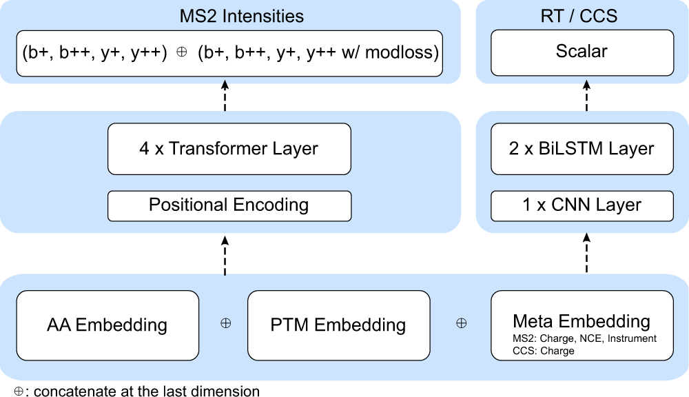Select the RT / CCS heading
point(581,15)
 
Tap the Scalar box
point(582,52)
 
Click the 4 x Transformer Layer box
point(229,148)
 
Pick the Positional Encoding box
point(229,205)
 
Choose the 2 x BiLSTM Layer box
point(582,148)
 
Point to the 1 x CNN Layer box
point(582,205)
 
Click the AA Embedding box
point(107,325)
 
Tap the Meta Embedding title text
point(582,321)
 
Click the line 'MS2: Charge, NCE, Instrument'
point(585,338)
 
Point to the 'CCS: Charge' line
point(544,350)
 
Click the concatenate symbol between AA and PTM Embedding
point(225,323)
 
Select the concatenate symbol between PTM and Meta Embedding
point(462,323)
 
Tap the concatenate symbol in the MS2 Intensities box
point(182,53)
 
